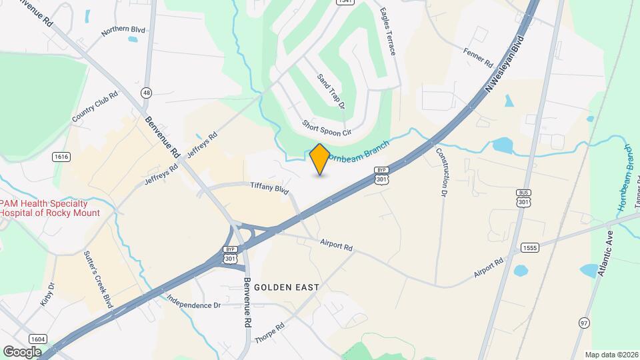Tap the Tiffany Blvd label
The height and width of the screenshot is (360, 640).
click(x=269, y=188)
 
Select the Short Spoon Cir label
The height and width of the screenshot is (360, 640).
click(x=327, y=128)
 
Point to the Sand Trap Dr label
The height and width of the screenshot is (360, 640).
click(x=331, y=91)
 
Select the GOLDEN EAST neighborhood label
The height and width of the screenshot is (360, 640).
click(x=290, y=287)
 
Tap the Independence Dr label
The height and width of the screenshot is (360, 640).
click(x=193, y=301)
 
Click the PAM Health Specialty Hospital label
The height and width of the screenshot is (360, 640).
click(x=49, y=208)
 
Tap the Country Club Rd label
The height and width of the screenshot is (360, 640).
click(x=95, y=107)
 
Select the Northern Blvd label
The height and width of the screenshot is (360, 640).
click(x=123, y=31)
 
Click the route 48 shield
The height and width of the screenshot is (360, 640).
click(x=147, y=93)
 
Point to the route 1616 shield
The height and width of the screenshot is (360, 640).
click(x=61, y=156)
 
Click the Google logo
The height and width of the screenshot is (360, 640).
click(x=23, y=351)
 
